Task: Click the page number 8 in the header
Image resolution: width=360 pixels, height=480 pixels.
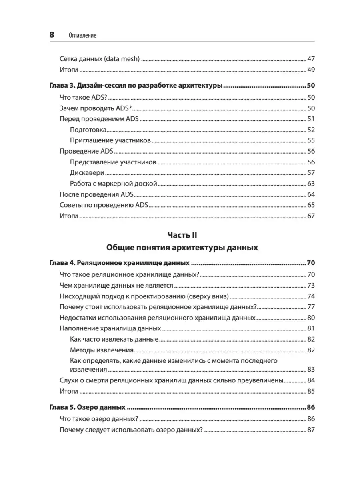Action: click(x=52, y=35)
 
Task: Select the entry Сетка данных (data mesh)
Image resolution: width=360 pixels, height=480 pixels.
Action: click(x=99, y=59)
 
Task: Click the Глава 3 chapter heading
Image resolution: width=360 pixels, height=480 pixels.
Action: click(x=136, y=86)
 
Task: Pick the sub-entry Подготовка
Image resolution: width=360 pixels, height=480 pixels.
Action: click(x=88, y=130)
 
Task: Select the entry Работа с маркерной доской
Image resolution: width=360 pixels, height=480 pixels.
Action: click(x=113, y=184)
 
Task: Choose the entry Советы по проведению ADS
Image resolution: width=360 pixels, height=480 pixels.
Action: click(x=104, y=205)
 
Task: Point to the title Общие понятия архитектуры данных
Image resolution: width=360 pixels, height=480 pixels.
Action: click(x=182, y=248)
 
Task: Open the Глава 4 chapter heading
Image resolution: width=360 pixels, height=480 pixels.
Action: click(x=119, y=263)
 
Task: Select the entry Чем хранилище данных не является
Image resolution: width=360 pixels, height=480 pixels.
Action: click(x=116, y=285)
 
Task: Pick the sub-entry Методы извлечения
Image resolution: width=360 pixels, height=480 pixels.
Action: click(x=101, y=350)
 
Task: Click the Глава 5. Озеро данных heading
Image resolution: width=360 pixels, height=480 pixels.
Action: click(x=88, y=408)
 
